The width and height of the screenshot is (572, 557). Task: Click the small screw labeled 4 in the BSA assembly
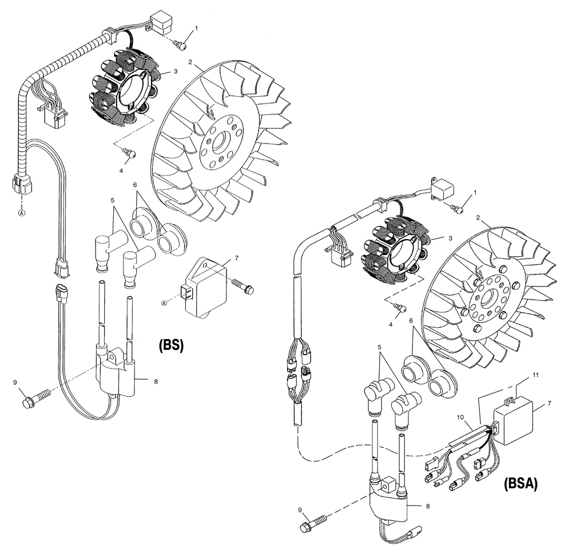[x=402, y=308]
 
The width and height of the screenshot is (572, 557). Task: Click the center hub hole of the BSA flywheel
[x=490, y=297]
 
